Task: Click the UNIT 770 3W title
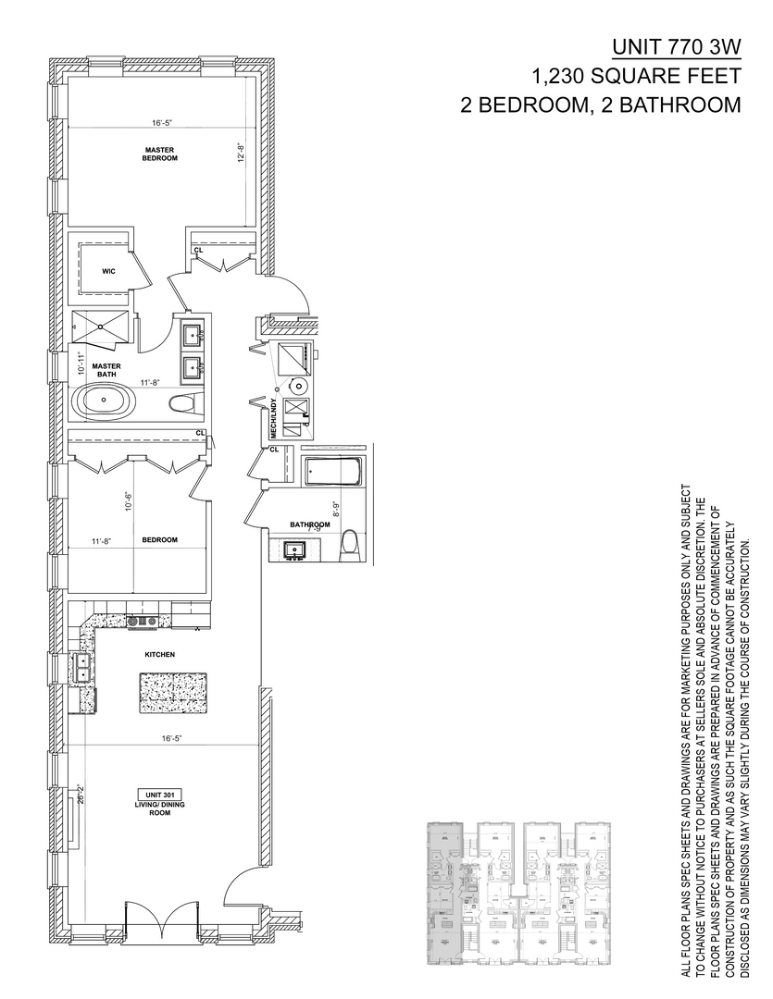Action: pos(677,47)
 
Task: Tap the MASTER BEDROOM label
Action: pos(159,154)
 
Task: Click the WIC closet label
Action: pos(106,271)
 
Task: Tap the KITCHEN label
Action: pos(159,654)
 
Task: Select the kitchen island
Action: pos(172,692)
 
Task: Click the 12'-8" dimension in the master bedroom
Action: pos(240,154)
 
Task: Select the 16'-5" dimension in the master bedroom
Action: pos(163,122)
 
